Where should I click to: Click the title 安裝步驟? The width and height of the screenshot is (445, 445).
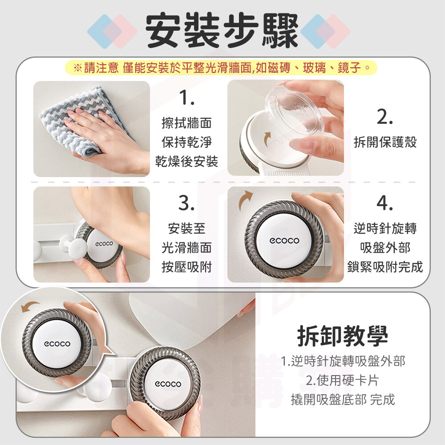pyautogui.click(x=222, y=30)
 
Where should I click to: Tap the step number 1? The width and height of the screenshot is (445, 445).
pyautogui.click(x=186, y=97)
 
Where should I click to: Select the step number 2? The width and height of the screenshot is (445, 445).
pyautogui.click(x=385, y=117)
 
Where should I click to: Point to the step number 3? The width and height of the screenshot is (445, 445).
pyautogui.click(x=186, y=203)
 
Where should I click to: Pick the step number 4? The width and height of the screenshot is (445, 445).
pyautogui.click(x=385, y=203)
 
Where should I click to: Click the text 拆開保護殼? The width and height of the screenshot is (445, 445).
pyautogui.click(x=385, y=142)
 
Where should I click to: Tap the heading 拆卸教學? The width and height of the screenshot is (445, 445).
pyautogui.click(x=343, y=336)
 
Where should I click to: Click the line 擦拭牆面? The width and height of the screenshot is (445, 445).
pyautogui.click(x=186, y=123)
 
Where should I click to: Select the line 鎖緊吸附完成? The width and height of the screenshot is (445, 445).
pyautogui.click(x=385, y=267)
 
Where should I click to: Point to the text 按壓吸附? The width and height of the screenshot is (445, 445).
pyautogui.click(x=186, y=267)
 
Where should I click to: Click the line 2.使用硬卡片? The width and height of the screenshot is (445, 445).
pyautogui.click(x=343, y=380)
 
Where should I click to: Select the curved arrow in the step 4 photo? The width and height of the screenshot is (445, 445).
pyautogui.click(x=245, y=200)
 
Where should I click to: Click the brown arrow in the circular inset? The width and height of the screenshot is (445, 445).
pyautogui.click(x=30, y=306)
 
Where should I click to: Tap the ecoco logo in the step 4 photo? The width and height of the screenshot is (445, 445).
pyautogui.click(x=284, y=241)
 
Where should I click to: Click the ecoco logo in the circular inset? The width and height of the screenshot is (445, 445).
pyautogui.click(x=57, y=344)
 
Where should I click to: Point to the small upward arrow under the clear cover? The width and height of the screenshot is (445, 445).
pyautogui.click(x=267, y=139)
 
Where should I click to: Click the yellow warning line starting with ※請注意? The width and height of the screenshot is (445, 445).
pyautogui.click(x=221, y=68)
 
